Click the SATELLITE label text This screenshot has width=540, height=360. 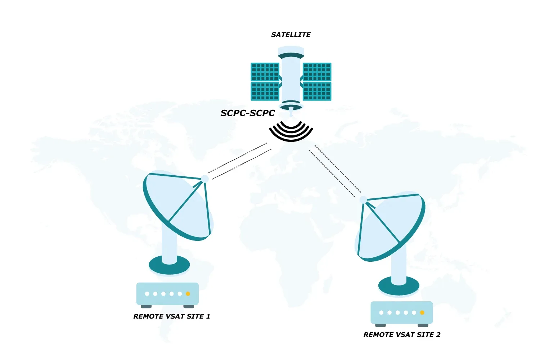291,35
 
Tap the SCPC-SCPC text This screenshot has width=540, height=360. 247,113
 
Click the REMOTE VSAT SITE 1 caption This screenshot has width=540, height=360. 171,316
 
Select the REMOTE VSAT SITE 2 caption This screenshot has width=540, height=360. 402,335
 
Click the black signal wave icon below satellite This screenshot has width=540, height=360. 291,131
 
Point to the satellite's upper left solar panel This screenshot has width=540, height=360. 265,72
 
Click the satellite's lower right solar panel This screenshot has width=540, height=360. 317,91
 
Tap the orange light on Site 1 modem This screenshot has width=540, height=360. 188,294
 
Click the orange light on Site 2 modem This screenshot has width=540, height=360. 422,312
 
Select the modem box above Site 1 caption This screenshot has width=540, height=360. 167,293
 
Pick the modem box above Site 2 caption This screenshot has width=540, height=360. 402,312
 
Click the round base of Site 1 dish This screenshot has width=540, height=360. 169,266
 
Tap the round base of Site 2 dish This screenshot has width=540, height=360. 399,287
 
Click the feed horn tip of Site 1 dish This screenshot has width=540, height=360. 204,179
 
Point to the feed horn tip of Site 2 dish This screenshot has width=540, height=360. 363,200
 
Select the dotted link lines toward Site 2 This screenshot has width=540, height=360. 335,171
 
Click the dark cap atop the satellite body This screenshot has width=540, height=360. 291,56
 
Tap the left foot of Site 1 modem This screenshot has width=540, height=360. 146,306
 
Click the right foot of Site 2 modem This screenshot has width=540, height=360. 423,325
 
